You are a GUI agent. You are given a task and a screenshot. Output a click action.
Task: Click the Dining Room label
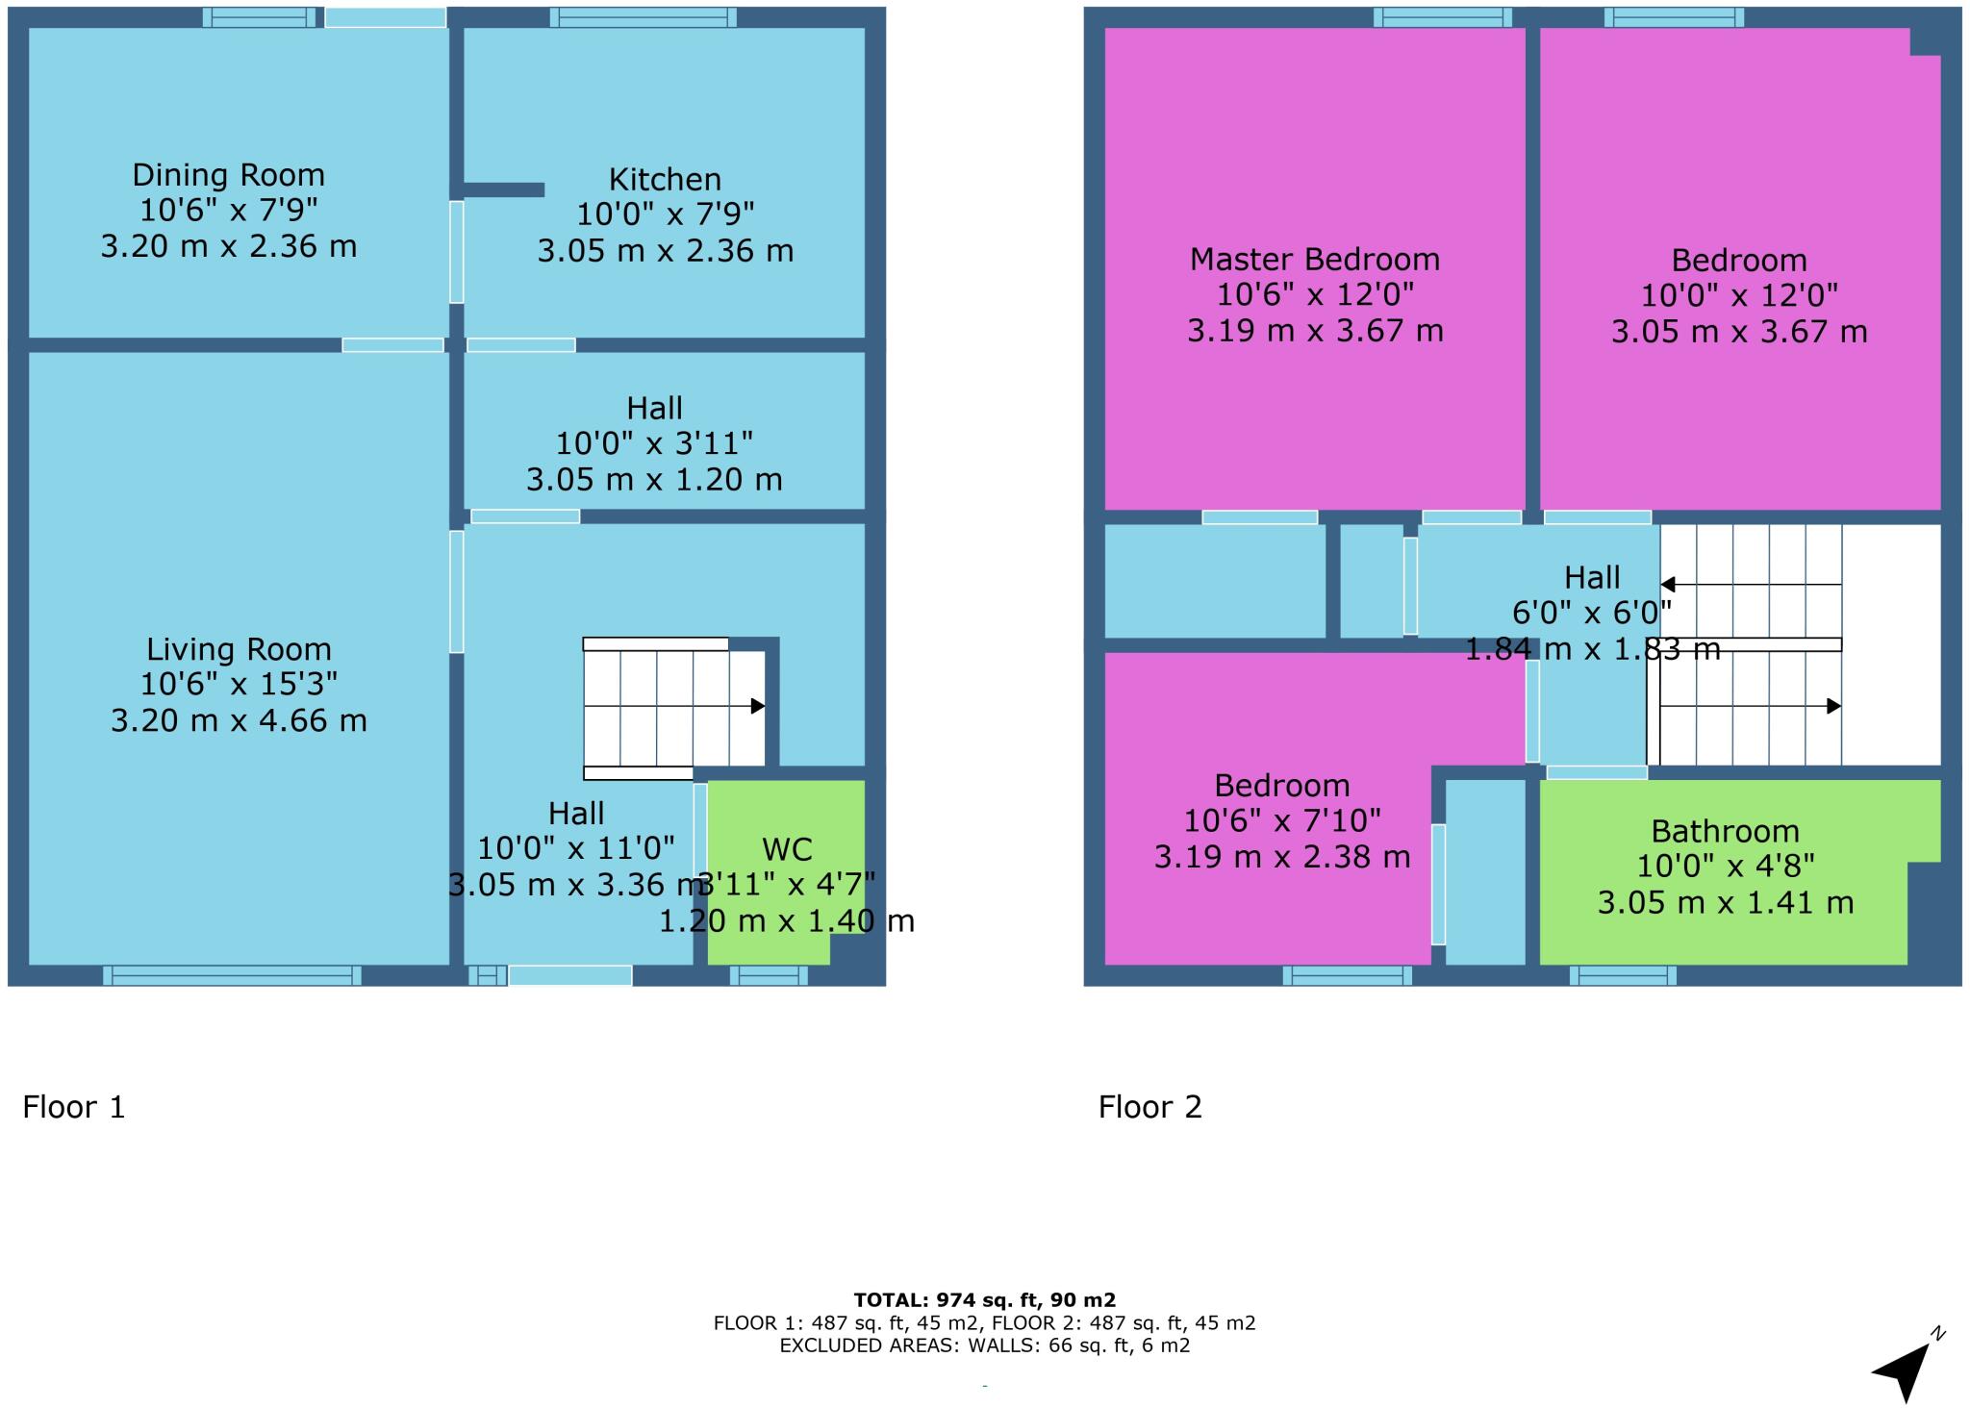(x=228, y=175)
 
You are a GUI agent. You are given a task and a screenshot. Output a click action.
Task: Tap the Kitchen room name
(x=665, y=180)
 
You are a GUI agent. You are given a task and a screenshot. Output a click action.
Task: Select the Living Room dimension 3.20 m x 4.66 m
(x=239, y=720)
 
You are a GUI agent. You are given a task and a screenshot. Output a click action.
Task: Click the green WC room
(x=770, y=817)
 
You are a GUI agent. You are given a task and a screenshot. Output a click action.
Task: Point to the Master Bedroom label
(x=1314, y=260)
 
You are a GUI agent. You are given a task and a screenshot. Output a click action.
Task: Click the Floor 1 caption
(x=74, y=1107)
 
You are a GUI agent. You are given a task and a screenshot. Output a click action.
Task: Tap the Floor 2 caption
(x=1149, y=1107)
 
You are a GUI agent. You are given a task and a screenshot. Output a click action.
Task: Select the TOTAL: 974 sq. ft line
(x=984, y=1300)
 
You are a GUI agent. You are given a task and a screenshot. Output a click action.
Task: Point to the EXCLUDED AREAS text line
(x=984, y=1345)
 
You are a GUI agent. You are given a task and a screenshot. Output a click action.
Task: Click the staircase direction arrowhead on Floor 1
(x=758, y=706)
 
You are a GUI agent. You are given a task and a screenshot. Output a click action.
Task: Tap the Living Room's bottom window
(x=232, y=975)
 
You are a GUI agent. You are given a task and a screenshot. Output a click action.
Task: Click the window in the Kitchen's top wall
(x=644, y=17)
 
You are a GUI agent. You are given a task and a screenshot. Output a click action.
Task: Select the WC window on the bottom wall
(x=769, y=975)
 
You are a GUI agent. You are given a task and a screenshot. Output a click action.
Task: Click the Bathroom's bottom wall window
(x=1623, y=975)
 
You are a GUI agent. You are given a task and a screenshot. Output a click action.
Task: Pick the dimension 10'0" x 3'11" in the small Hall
(x=654, y=443)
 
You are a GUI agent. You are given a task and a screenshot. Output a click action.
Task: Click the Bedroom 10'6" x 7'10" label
(x=1281, y=786)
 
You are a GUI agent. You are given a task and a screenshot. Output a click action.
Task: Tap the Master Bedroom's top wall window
(x=1442, y=17)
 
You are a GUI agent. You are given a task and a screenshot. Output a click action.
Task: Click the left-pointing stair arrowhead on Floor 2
(x=1668, y=585)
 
